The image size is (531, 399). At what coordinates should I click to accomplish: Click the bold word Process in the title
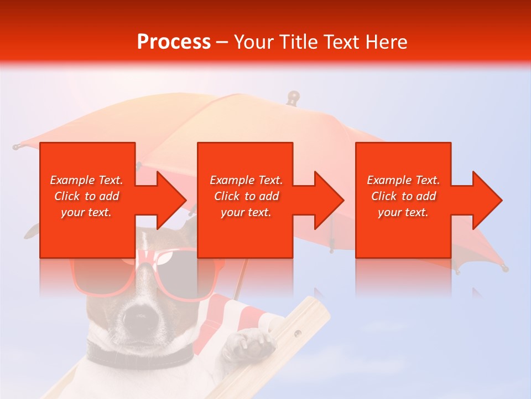(174, 42)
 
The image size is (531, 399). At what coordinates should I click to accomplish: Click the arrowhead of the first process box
(171, 200)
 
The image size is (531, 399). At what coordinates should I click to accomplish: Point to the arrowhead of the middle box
(329, 200)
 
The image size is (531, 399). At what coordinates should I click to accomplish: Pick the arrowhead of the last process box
(487, 200)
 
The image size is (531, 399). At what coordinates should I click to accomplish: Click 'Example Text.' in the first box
(86, 180)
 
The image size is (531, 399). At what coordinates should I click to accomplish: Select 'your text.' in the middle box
(246, 212)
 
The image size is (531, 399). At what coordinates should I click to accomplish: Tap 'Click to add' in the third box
(403, 196)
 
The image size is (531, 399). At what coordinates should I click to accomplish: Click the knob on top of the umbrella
(293, 97)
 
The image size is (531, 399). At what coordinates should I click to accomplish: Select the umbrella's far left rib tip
(16, 147)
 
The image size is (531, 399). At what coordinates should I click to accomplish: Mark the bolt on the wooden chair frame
(298, 334)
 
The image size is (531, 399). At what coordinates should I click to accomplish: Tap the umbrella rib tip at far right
(504, 268)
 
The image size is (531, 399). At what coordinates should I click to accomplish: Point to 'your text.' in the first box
(86, 212)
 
